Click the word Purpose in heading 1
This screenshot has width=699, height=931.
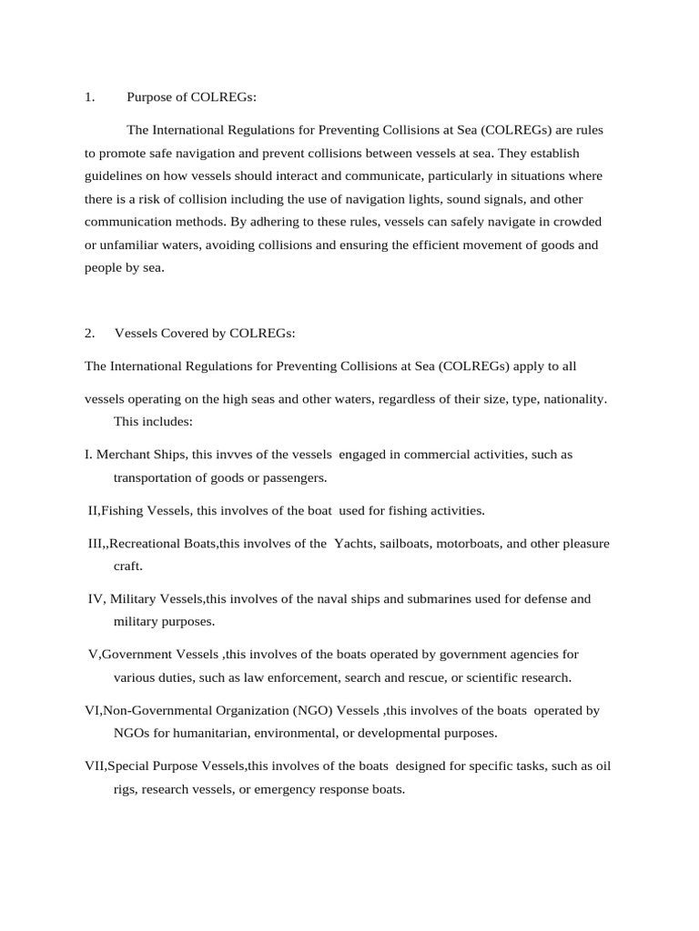click(x=148, y=97)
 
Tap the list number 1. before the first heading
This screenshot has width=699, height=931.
click(x=89, y=97)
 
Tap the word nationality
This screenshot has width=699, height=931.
click(x=573, y=399)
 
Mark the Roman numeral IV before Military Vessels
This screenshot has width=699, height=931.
click(x=96, y=599)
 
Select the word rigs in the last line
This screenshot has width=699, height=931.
click(x=124, y=790)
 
